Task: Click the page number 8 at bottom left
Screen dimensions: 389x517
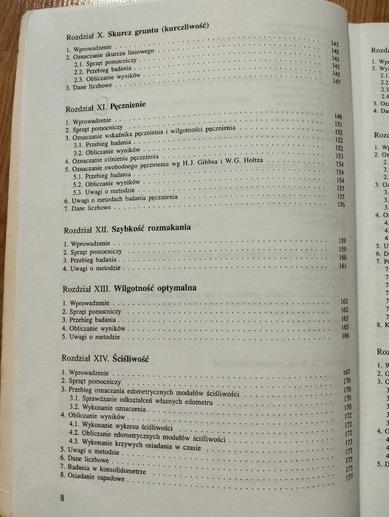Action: tap(63, 497)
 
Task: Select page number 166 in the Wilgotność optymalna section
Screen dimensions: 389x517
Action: tap(343, 335)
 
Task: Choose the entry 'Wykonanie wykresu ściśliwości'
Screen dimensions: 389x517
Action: tap(122, 425)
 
